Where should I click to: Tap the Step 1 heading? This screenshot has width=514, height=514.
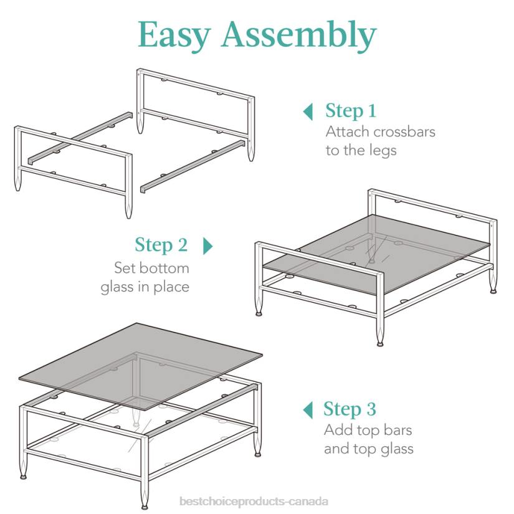tap(351, 110)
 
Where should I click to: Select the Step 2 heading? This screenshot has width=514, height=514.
tap(161, 245)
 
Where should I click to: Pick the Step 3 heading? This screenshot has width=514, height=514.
tap(350, 409)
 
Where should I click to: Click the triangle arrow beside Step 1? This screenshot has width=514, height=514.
tap(308, 112)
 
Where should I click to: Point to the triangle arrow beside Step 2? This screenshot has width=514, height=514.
tap(208, 246)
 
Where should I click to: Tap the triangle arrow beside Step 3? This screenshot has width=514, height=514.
tap(308, 410)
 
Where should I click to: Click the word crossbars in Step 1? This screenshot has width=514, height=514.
tap(404, 132)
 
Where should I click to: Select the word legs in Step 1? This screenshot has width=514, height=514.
tap(383, 151)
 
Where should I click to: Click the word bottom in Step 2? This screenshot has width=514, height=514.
tap(164, 268)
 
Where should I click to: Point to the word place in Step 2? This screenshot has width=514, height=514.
tap(171, 287)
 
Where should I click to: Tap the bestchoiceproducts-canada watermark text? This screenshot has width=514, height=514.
tap(254, 502)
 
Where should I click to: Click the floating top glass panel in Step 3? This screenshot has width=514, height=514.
tap(140, 366)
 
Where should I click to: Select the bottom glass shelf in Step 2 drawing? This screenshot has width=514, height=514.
tap(376, 254)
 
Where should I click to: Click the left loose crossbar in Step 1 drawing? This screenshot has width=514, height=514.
tap(80, 138)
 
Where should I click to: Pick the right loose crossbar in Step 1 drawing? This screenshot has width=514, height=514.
tap(193, 166)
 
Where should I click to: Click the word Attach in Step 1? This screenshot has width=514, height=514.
tap(348, 132)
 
